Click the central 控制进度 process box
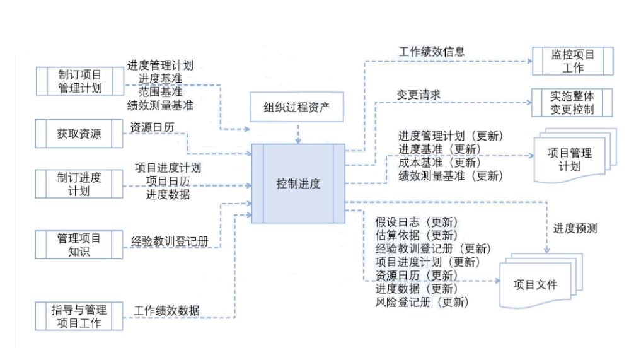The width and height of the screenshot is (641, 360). pyautogui.click(x=298, y=184)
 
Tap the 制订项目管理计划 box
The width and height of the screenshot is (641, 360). pyautogui.click(x=79, y=81)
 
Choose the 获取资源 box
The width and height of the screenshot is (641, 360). pyautogui.click(x=79, y=134)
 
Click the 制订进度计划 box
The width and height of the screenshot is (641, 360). pyautogui.click(x=79, y=183)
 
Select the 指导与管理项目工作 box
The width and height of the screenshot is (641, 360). pyautogui.click(x=79, y=316)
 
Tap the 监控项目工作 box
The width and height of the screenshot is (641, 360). pyautogui.click(x=572, y=61)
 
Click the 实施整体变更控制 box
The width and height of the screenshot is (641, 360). pyautogui.click(x=572, y=102)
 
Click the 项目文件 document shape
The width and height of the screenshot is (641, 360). pyautogui.click(x=535, y=284)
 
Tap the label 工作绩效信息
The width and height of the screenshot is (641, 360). pyautogui.click(x=432, y=52)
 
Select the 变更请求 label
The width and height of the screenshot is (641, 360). pyautogui.click(x=419, y=95)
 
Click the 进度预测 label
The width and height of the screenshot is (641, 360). pyautogui.click(x=575, y=228)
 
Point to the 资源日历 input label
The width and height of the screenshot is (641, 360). pyautogui.click(x=153, y=127)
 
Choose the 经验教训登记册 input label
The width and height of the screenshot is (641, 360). pyautogui.click(x=170, y=240)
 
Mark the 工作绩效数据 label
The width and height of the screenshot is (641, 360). pyautogui.click(x=167, y=310)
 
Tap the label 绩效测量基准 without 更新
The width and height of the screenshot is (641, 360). pyautogui.click(x=160, y=105)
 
